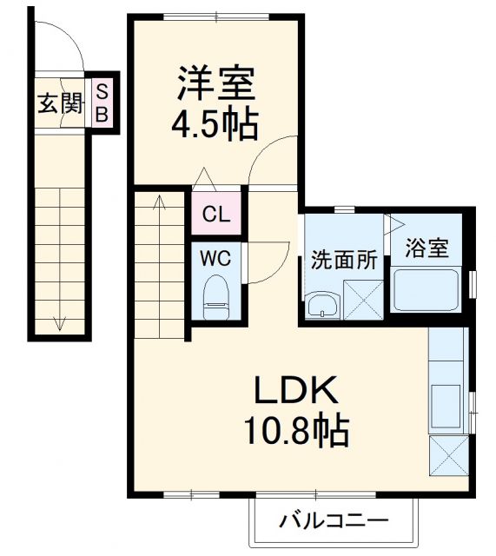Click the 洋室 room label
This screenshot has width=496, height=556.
[215, 84]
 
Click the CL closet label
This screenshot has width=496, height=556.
[216, 214]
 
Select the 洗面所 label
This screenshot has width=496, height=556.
[344, 260]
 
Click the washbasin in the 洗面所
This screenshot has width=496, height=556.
[322, 306]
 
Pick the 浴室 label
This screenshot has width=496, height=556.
[427, 248]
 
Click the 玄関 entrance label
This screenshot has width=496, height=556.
[60, 104]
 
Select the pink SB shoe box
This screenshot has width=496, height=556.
[102, 102]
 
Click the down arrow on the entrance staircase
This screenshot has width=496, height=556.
[60, 323]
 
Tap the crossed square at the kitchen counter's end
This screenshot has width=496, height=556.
[450, 455]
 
